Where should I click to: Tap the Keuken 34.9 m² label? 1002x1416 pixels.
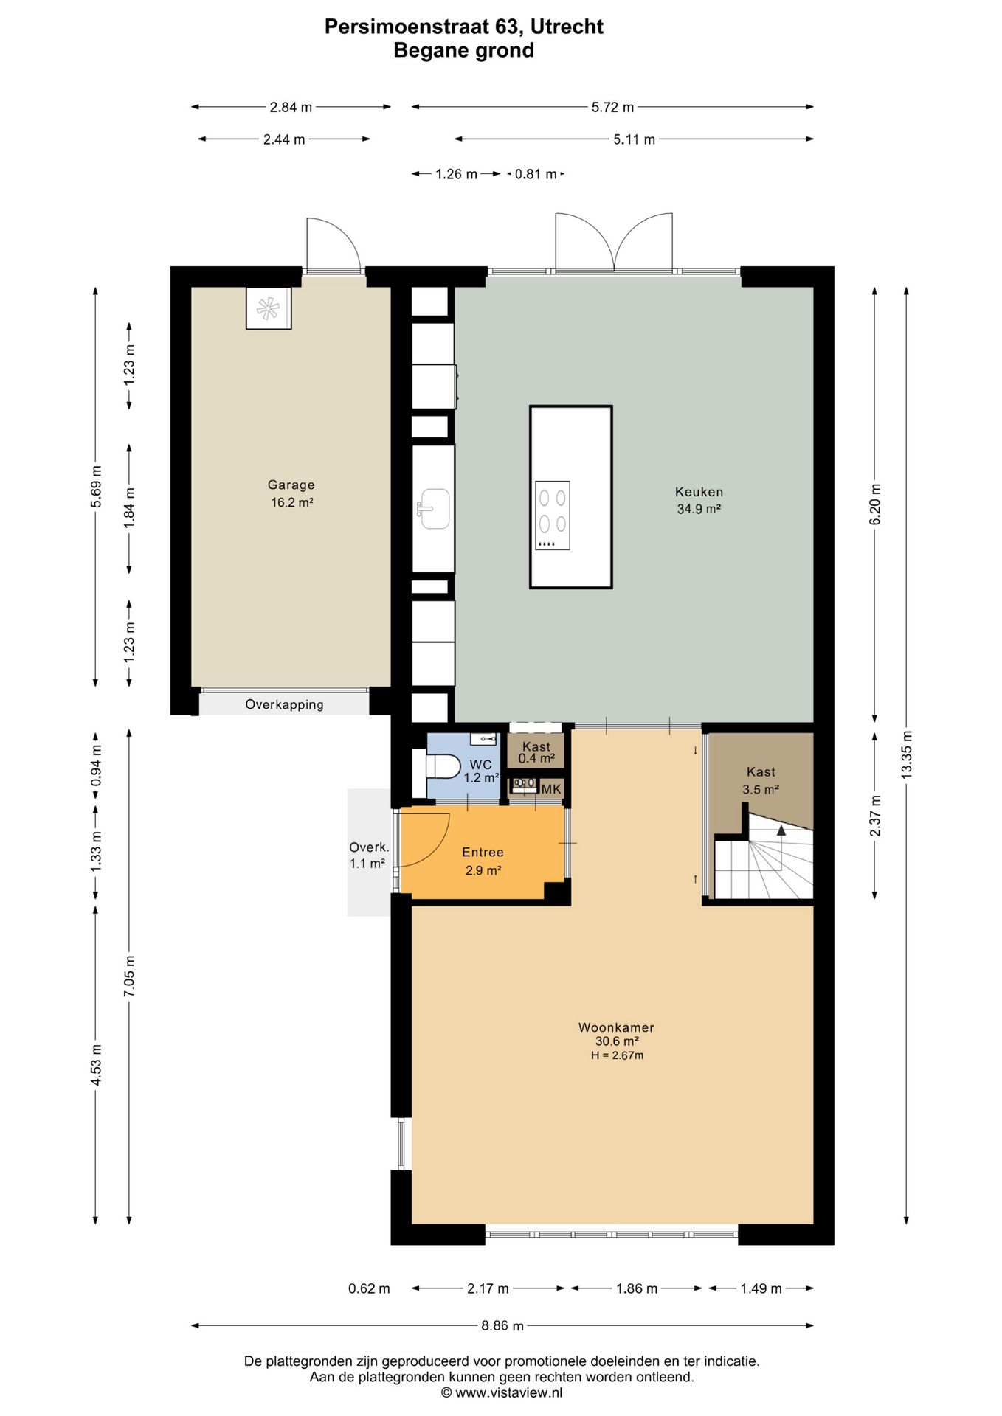(699, 500)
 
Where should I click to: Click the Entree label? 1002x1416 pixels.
(483, 852)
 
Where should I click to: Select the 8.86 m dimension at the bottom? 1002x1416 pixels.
(502, 1325)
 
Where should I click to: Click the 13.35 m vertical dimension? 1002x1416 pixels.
(907, 754)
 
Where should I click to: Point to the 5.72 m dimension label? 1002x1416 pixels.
(612, 107)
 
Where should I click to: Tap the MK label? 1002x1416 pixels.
(551, 789)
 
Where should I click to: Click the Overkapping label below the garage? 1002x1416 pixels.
(284, 704)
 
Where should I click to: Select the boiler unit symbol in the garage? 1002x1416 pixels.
(269, 308)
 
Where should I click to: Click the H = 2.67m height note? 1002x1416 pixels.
(617, 1055)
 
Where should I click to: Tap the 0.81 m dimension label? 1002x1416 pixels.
(536, 174)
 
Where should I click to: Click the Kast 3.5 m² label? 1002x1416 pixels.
(761, 780)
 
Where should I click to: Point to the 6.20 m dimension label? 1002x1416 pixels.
(875, 504)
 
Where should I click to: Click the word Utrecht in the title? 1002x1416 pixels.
(567, 27)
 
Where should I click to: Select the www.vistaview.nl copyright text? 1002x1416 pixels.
(502, 1393)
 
